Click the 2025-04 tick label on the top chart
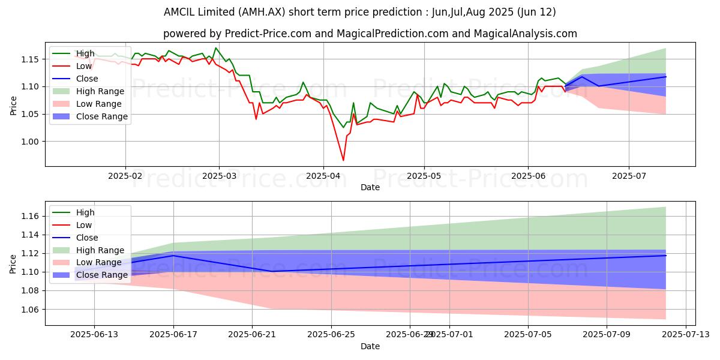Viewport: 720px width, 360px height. click(323, 176)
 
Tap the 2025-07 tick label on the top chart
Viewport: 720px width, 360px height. click(629, 176)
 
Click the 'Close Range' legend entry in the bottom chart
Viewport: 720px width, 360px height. click(101, 275)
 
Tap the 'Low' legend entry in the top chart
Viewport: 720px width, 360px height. click(85, 66)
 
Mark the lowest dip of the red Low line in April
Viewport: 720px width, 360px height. click(343, 160)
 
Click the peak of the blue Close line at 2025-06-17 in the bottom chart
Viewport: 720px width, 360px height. click(174, 256)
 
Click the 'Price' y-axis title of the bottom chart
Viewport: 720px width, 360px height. click(13, 263)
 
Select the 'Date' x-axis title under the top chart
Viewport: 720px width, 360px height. click(370, 187)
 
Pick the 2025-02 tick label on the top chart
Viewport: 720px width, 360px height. click(125, 176)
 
